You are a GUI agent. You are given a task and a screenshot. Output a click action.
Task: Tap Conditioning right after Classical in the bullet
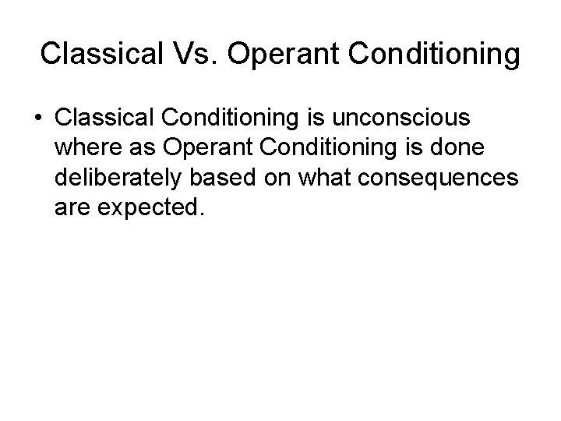[x=242, y=118]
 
